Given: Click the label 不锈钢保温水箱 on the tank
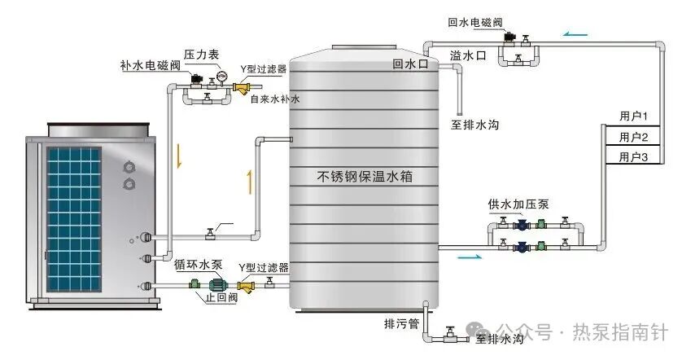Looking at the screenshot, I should click(x=365, y=176).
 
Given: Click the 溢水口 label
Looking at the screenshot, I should click(x=467, y=55).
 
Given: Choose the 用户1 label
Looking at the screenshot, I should click(x=633, y=116).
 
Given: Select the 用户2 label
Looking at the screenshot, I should click(x=633, y=136).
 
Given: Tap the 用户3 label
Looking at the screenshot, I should click(x=633, y=156).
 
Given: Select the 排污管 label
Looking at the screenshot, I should click(x=401, y=323).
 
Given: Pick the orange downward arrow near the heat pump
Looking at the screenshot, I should click(x=179, y=155).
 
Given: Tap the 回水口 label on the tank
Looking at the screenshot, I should click(x=409, y=63).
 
